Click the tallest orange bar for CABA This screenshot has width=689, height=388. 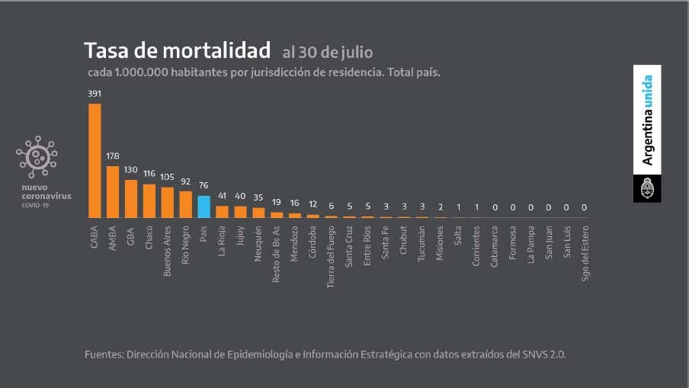[x=95, y=161]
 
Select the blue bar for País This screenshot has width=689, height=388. [x=203, y=207]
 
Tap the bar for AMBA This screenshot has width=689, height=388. [x=113, y=192]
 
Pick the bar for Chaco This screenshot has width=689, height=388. [x=149, y=201]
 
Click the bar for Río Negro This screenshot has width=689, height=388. [x=185, y=204]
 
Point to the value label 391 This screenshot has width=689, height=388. [x=95, y=94]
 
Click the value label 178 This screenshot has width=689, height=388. [x=113, y=156]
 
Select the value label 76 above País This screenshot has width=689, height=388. [x=203, y=186]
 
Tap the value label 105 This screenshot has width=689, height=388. [x=167, y=177]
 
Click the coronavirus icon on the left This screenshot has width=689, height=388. [x=37, y=157]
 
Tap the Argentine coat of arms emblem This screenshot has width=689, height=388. [x=647, y=188]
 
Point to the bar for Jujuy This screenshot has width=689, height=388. [x=240, y=212]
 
